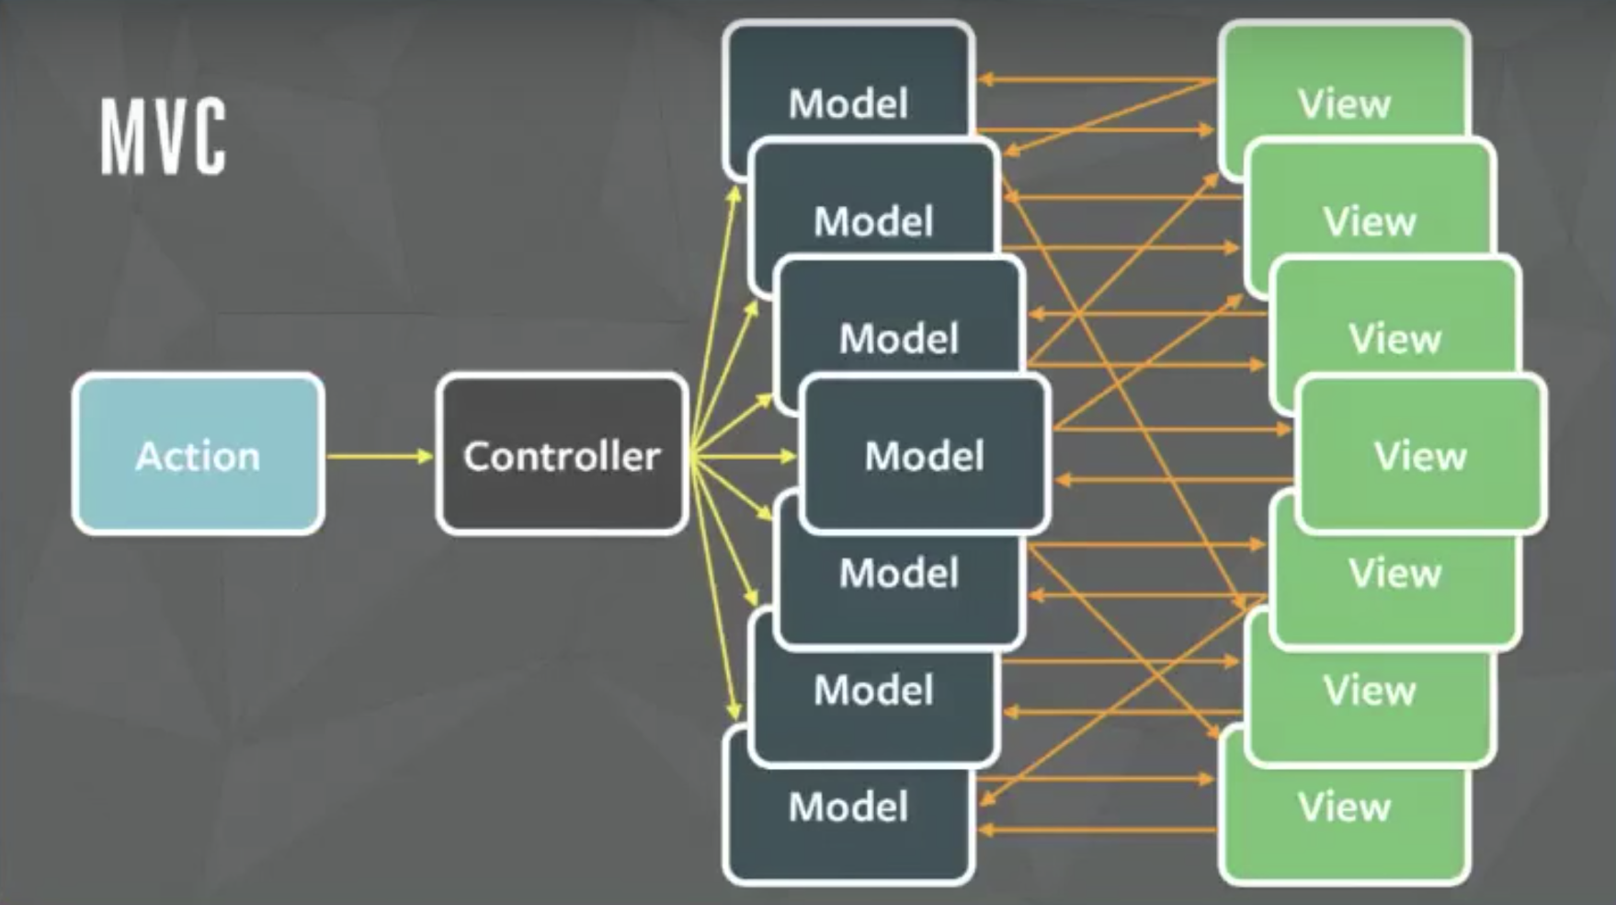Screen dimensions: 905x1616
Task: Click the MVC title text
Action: [163, 138]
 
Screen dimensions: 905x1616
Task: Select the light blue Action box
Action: [198, 454]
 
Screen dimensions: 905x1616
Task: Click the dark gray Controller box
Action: [562, 454]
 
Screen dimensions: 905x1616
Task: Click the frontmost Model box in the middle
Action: [924, 454]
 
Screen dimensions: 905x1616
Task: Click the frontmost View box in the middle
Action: [1420, 454]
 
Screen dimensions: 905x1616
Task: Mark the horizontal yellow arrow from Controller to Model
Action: [745, 456]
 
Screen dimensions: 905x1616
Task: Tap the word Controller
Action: [562, 456]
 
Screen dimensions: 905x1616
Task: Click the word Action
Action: [198, 456]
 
